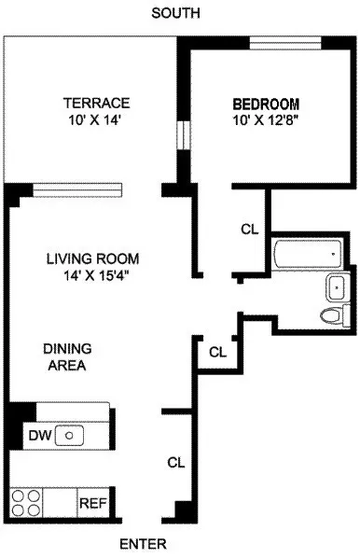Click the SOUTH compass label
pyautogui.click(x=178, y=12)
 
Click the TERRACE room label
pyautogui.click(x=96, y=103)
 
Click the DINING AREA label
pyautogui.click(x=65, y=356)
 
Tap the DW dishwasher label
pyautogui.click(x=38, y=434)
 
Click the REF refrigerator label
pyautogui.click(x=90, y=502)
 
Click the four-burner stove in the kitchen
pyautogui.click(x=25, y=502)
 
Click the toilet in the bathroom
pyautogui.click(x=331, y=314)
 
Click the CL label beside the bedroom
pyautogui.click(x=249, y=228)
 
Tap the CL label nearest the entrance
pyautogui.click(x=174, y=462)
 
